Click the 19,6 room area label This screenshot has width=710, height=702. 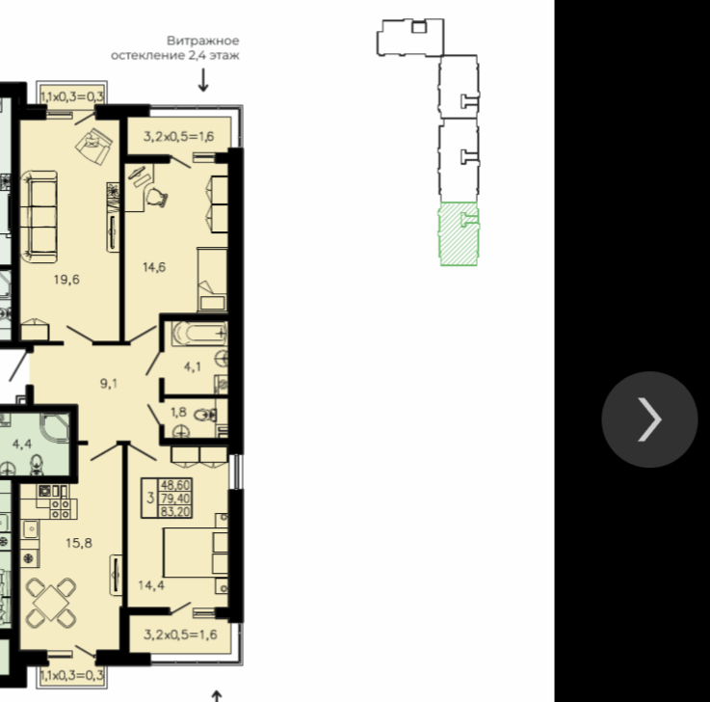click(66, 280)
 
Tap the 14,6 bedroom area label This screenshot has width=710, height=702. click(154, 267)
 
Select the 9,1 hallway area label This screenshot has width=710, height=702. click(109, 384)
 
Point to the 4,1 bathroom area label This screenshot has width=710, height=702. click(193, 366)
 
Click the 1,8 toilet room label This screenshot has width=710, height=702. click(178, 412)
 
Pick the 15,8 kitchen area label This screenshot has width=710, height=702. click(79, 543)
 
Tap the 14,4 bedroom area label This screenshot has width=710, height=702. click(151, 585)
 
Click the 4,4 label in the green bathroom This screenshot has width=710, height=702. click(22, 444)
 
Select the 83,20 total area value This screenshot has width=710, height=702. click(175, 512)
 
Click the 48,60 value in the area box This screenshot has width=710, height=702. click(175, 485)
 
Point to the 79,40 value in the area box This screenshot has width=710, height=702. click(175, 499)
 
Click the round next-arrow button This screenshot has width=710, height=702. click(649, 419)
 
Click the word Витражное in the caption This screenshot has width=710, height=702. click(203, 40)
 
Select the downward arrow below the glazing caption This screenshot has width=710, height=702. click(203, 80)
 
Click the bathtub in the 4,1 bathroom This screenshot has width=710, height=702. click(199, 333)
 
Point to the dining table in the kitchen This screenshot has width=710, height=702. click(51, 603)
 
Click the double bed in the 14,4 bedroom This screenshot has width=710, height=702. click(196, 553)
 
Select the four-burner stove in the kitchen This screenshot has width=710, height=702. click(61, 509)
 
